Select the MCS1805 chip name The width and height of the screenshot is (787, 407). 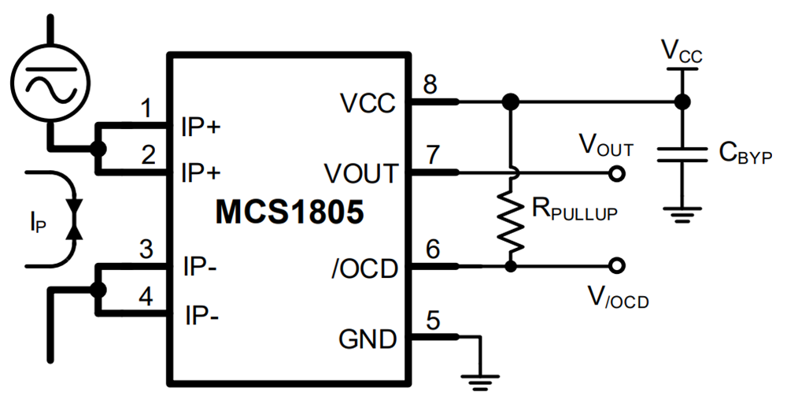point(289,213)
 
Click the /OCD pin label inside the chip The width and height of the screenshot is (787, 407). point(364,269)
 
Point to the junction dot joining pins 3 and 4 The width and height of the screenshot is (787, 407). point(98,290)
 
